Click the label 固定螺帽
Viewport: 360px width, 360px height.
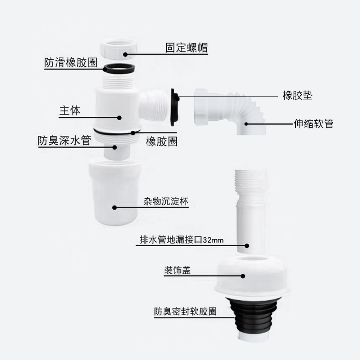(x=186, y=48)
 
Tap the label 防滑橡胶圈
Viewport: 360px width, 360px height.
(x=71, y=62)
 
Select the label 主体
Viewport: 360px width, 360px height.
(x=70, y=111)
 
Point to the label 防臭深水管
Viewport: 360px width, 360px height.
(x=64, y=140)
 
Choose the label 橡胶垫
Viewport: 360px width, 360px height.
(x=297, y=96)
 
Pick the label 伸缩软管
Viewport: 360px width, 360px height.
(x=313, y=124)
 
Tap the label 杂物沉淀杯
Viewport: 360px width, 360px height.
(x=164, y=201)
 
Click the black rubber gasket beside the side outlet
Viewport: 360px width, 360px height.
(x=175, y=107)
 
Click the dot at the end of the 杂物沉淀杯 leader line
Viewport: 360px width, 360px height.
(x=114, y=207)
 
